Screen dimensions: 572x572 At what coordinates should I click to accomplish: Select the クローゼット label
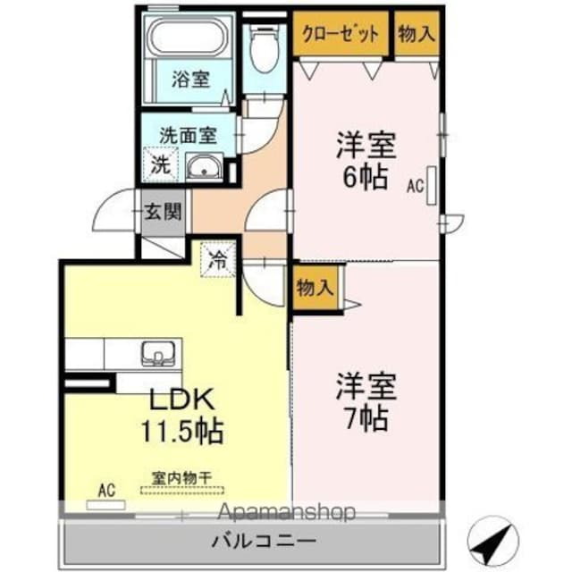(341, 34)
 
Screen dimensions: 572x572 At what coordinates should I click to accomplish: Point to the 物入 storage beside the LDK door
(315, 288)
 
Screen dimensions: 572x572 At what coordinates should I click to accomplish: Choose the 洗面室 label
(188, 136)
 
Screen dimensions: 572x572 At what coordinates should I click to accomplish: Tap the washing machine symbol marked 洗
(159, 164)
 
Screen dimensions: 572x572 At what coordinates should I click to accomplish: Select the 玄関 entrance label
(164, 213)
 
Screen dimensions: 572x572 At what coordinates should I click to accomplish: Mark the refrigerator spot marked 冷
(218, 261)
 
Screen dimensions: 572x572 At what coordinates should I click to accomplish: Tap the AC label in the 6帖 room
(415, 187)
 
